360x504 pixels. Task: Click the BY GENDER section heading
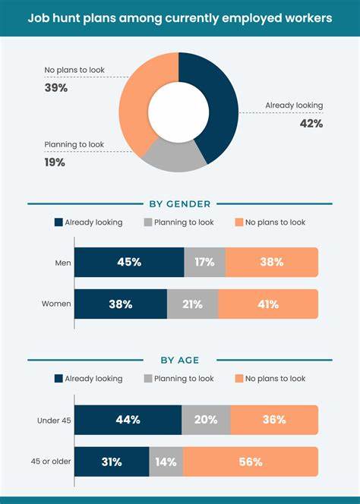tap(180, 203)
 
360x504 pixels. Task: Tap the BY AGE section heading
tap(180, 360)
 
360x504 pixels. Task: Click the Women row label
tap(56, 304)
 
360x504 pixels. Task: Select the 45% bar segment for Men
tap(129, 262)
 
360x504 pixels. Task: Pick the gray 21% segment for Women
tap(192, 304)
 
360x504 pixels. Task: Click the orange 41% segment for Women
tap(267, 304)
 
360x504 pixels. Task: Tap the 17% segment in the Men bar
tap(205, 262)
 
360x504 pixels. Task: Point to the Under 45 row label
tap(54, 419)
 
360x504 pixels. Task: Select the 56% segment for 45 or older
tap(250, 461)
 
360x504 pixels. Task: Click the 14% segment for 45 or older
tap(166, 461)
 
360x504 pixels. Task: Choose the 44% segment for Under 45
tap(128, 419)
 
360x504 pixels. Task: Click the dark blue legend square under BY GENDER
tap(58, 222)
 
